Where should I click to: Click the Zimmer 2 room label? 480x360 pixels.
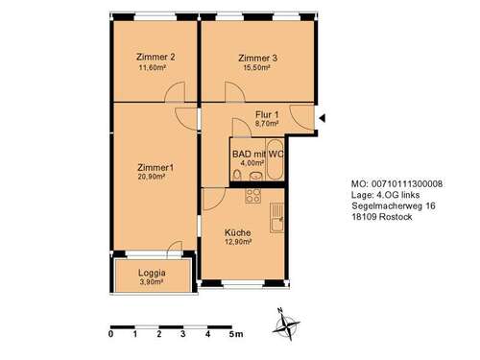point(156,57)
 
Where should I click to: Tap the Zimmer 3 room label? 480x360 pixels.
point(257,57)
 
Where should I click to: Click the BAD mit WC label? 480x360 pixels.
point(258,153)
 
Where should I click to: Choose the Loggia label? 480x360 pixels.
point(139,273)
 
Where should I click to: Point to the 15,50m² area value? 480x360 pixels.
point(257,68)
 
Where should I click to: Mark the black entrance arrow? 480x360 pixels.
point(323,118)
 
